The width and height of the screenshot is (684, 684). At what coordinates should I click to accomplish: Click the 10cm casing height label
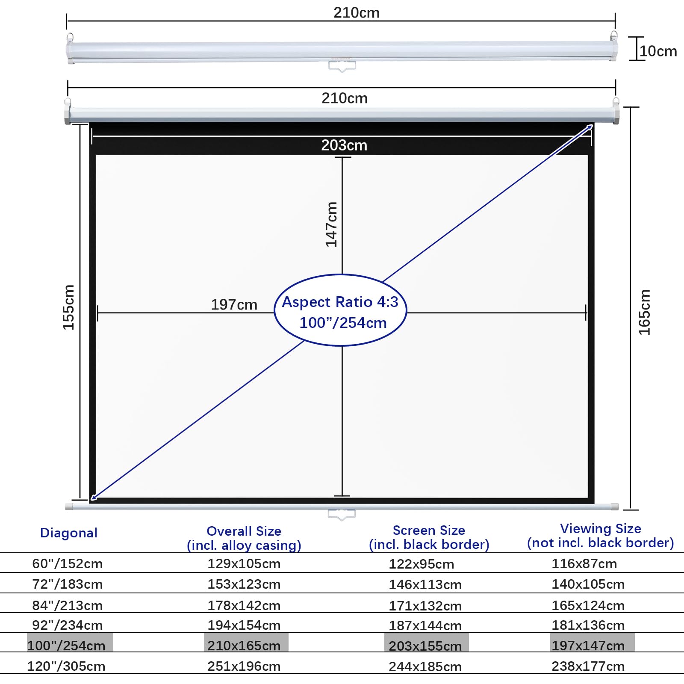pyautogui.click(x=658, y=51)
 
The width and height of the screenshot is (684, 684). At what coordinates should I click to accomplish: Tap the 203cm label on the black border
pyautogui.click(x=344, y=145)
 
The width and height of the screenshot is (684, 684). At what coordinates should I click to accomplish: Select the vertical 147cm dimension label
pyautogui.click(x=332, y=224)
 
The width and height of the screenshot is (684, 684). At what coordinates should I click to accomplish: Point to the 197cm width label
pyautogui.click(x=234, y=305)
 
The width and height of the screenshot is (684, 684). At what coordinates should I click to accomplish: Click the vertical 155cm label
pyautogui.click(x=69, y=307)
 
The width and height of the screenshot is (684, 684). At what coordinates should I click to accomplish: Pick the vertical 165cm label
pyautogui.click(x=644, y=312)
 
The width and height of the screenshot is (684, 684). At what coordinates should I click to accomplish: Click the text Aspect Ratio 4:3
pyautogui.click(x=340, y=302)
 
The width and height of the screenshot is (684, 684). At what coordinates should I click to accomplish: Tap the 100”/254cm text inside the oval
pyautogui.click(x=343, y=323)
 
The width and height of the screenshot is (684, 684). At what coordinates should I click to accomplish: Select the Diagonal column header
pyautogui.click(x=69, y=533)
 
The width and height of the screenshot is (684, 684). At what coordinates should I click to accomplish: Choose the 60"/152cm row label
pyautogui.click(x=68, y=563)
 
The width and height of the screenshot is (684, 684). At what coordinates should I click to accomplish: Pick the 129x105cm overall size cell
pyautogui.click(x=244, y=563)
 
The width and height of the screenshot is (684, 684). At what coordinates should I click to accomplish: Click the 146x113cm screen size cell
pyautogui.click(x=425, y=584)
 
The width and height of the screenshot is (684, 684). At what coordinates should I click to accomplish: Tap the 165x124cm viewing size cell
pyautogui.click(x=588, y=605)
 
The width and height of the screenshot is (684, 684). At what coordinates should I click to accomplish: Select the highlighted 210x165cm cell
pyautogui.click(x=244, y=646)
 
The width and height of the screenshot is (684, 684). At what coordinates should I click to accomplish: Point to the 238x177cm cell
pyautogui.click(x=588, y=666)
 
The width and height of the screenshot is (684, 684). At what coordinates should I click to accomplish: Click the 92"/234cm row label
pyautogui.click(x=68, y=625)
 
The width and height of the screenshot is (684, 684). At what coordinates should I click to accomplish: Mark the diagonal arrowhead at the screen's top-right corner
pyautogui.click(x=590, y=127)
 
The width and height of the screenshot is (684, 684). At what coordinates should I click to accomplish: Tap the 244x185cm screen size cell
pyautogui.click(x=425, y=666)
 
